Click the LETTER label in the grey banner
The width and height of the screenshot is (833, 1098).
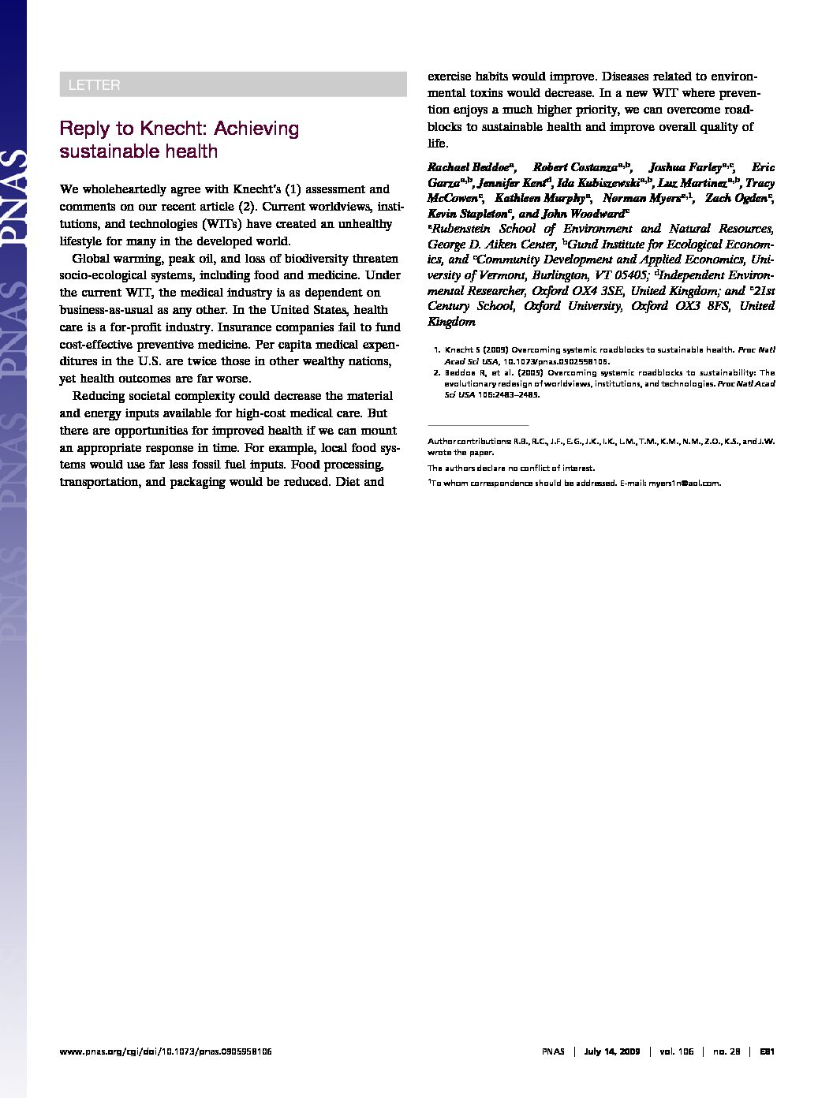pyautogui.click(x=94, y=85)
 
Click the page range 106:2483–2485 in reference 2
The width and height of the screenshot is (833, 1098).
pyautogui.click(x=509, y=394)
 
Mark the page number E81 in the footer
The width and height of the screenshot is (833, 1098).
pyautogui.click(x=767, y=1051)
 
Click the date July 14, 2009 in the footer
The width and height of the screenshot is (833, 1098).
pyautogui.click(x=612, y=1051)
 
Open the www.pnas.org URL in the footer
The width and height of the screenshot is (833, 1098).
pyautogui.click(x=166, y=1051)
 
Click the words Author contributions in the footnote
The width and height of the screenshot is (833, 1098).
pyautogui.click(x=468, y=442)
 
